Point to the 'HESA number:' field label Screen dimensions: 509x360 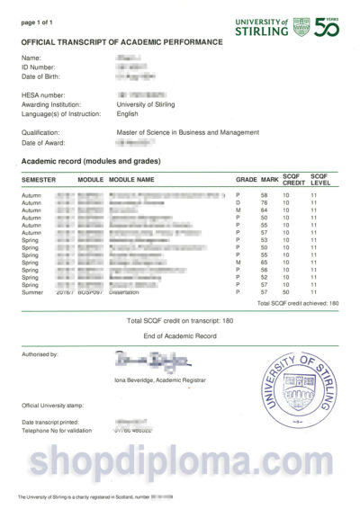coord(42,94)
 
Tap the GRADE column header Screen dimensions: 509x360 coord(246,180)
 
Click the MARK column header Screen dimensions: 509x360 coord(268,180)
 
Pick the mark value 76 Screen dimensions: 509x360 coord(265,202)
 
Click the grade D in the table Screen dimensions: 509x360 coord(238,202)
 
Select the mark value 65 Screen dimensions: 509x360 coord(265,262)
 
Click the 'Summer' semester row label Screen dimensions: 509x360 coord(31,292)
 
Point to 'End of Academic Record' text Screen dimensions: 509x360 coord(180,335)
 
